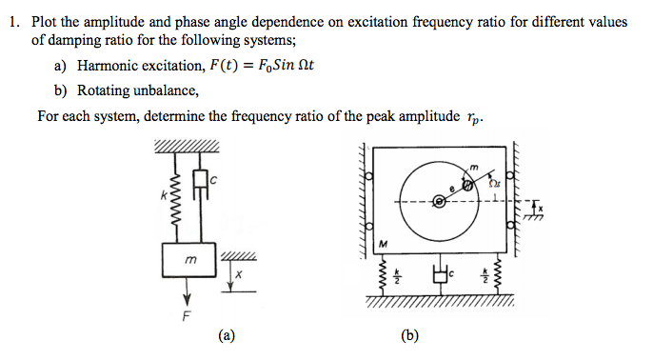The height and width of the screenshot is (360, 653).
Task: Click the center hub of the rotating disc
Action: coord(439,201)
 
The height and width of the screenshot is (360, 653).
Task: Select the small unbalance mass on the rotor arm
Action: coord(469,183)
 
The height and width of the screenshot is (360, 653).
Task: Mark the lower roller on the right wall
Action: coord(510,226)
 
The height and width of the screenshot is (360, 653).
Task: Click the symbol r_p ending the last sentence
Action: coord(476,118)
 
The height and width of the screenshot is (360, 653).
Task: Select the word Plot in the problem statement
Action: coord(46,21)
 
